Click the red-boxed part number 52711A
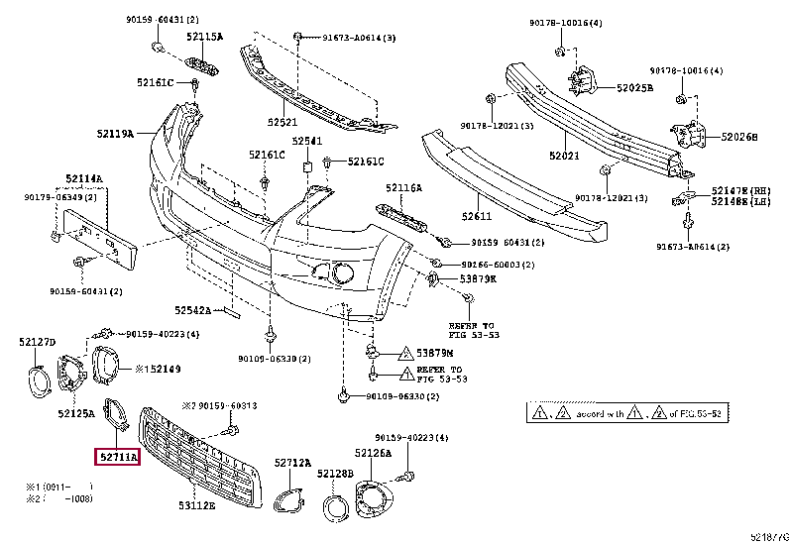pyautogui.click(x=117, y=457)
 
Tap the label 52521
pyautogui.click(x=282, y=123)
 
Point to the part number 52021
pyautogui.click(x=563, y=156)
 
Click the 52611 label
pyautogui.click(x=476, y=215)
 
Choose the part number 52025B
pyautogui.click(x=633, y=88)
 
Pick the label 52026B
pyautogui.click(x=738, y=137)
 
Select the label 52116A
pyautogui.click(x=403, y=187)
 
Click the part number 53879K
pyautogui.click(x=478, y=279)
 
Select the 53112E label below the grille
pyautogui.click(x=196, y=506)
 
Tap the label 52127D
pyautogui.click(x=37, y=343)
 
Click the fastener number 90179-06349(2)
pyautogui.click(x=60, y=196)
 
